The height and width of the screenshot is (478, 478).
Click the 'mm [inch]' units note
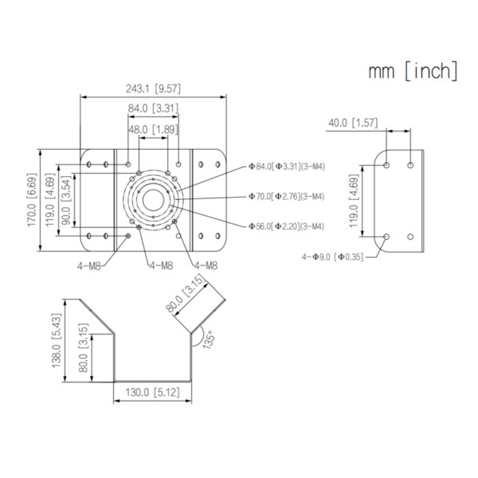pyautogui.click(x=412, y=72)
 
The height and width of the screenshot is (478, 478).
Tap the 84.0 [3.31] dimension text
pyautogui.click(x=152, y=108)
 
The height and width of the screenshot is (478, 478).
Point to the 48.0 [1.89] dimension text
pyautogui.click(x=153, y=129)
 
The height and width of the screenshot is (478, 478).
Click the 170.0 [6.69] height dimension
pyautogui.click(x=31, y=199)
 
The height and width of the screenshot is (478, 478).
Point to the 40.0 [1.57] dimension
pyautogui.click(x=353, y=123)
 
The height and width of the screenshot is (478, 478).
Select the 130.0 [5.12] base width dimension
pyautogui.click(x=153, y=392)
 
